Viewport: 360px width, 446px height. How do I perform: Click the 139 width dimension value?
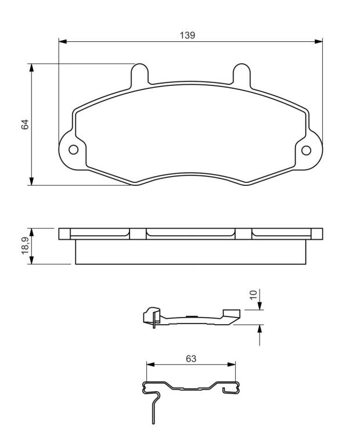(x=188, y=35)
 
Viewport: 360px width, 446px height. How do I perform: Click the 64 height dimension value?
(x=25, y=125)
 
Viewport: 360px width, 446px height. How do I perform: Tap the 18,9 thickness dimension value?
(x=26, y=246)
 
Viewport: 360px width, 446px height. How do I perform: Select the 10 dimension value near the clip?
(x=253, y=294)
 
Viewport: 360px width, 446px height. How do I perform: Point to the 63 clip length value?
(x=191, y=359)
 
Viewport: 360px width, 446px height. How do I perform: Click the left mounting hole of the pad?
(x=73, y=150)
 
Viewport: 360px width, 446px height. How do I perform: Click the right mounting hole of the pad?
(x=306, y=150)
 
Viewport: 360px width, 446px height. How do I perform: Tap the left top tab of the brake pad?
(x=139, y=73)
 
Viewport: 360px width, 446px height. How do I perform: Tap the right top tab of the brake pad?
(x=242, y=73)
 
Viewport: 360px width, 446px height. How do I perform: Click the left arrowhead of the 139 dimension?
(x=63, y=42)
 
